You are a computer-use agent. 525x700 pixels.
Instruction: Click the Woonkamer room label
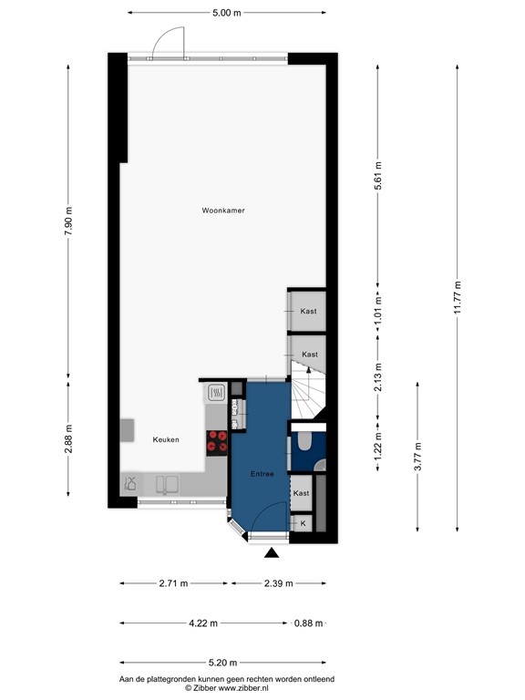(x=223, y=211)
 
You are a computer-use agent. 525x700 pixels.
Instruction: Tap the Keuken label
(x=166, y=439)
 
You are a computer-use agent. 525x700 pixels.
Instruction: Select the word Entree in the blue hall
(x=263, y=475)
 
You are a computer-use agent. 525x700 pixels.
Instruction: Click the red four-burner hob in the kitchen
(x=218, y=442)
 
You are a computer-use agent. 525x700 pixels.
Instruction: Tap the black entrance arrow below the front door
(x=271, y=553)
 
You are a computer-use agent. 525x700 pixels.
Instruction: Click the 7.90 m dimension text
(x=68, y=222)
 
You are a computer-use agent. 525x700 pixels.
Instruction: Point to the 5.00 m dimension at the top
(x=226, y=13)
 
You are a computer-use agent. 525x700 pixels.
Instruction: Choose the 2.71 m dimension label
(x=172, y=583)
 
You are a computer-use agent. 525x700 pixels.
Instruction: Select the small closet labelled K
(x=303, y=524)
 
